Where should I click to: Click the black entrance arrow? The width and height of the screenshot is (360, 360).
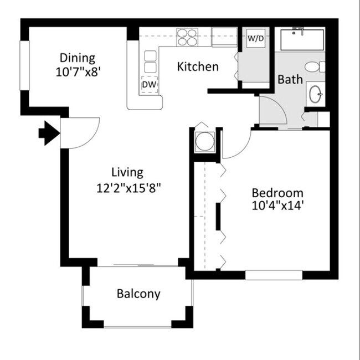[x=48, y=133]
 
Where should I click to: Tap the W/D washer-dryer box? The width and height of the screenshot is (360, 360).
[x=255, y=39]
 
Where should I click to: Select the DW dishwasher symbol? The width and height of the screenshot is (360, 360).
[x=149, y=83]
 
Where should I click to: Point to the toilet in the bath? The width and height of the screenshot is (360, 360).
[x=313, y=67]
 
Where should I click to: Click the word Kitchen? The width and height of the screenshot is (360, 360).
[x=198, y=67]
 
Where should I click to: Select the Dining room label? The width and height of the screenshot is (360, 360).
[x=78, y=58]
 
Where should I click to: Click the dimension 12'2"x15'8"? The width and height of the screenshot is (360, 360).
[x=128, y=187]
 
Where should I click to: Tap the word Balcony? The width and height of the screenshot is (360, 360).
[x=138, y=294]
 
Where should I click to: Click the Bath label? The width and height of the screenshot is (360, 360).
[x=290, y=80]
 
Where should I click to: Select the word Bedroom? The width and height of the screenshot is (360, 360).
[x=277, y=193]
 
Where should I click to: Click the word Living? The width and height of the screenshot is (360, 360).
[x=127, y=172]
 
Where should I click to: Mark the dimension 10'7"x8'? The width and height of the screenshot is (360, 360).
[x=78, y=72]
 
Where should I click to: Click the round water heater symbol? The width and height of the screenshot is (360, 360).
[x=204, y=141]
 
